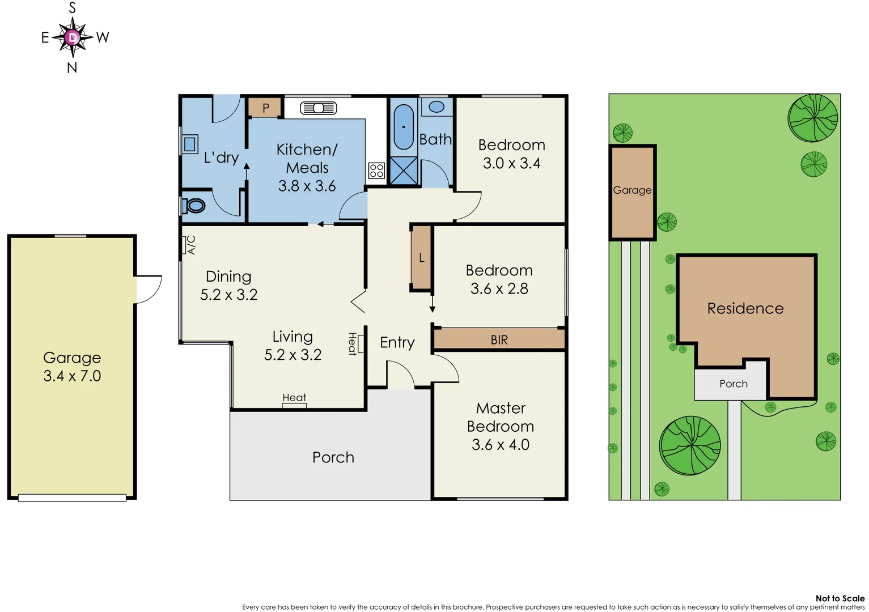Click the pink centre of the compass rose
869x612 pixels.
(x=73, y=38)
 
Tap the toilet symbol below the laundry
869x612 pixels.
(x=195, y=205)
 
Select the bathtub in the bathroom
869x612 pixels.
(x=404, y=127)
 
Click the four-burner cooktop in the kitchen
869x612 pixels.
(x=376, y=171)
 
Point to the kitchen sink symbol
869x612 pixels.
(x=319, y=108)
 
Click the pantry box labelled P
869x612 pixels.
(x=265, y=108)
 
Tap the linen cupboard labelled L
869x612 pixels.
(x=421, y=258)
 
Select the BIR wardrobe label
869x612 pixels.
(x=499, y=340)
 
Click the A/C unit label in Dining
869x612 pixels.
(x=191, y=245)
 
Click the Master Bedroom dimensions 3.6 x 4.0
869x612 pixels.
(x=500, y=445)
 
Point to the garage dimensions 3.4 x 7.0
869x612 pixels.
(x=72, y=376)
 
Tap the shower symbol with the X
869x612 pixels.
(x=404, y=171)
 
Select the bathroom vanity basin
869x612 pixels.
(x=436, y=107)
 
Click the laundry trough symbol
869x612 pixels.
(x=189, y=144)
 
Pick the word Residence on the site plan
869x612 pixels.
(x=745, y=309)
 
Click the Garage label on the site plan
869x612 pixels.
(x=632, y=190)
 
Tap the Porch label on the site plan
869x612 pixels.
(x=733, y=384)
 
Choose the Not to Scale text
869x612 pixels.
(x=840, y=598)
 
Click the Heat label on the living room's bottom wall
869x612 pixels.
(x=294, y=398)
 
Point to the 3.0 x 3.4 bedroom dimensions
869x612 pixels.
(x=511, y=164)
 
